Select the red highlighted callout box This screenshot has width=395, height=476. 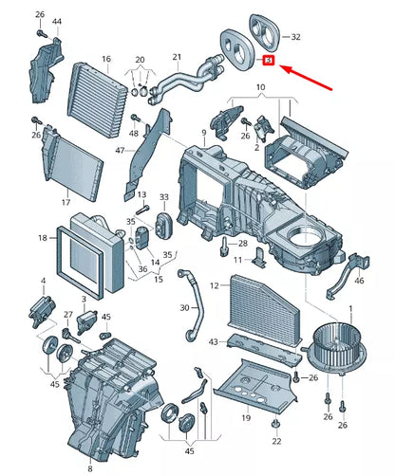click(x=269, y=62)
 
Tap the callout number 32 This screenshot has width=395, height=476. click(x=296, y=37)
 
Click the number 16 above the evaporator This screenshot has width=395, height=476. click(x=105, y=58)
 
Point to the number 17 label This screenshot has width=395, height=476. click(x=66, y=203)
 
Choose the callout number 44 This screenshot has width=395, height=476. click(x=58, y=21)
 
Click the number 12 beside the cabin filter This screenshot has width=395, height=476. click(x=214, y=285)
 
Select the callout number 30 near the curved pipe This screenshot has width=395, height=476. click(x=184, y=308)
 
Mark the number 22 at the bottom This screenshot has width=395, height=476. click(x=276, y=442)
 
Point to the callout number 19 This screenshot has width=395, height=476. click(x=245, y=417)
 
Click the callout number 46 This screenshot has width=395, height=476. click(x=358, y=281)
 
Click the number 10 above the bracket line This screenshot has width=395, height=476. click(x=261, y=88)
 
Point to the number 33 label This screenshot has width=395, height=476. click(x=163, y=197)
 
